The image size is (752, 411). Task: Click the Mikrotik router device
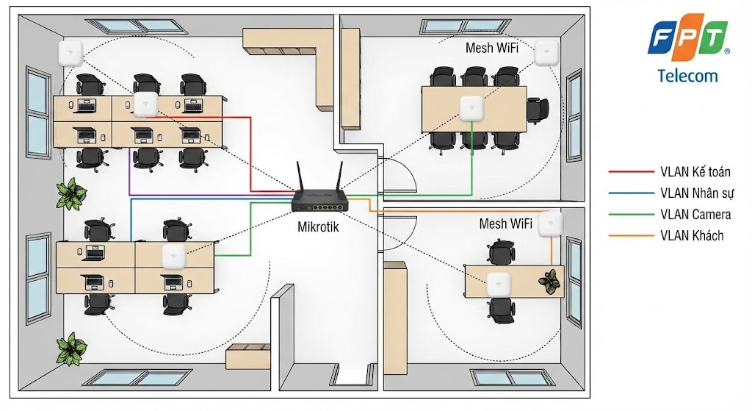click(x=318, y=199)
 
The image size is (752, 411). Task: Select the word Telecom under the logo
click(x=688, y=75)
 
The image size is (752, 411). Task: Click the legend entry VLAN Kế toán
click(x=695, y=172)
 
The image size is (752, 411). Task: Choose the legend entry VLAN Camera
click(x=695, y=215)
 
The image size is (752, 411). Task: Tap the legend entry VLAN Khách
click(x=691, y=235)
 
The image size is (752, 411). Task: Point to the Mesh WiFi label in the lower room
click(x=506, y=223)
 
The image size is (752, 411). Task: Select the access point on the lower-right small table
click(x=499, y=282)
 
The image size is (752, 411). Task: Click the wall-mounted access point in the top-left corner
click(x=71, y=54)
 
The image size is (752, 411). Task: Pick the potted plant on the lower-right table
click(x=549, y=280)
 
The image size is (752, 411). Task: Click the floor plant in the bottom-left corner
click(x=72, y=347)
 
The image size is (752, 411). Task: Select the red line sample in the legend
click(x=626, y=172)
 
